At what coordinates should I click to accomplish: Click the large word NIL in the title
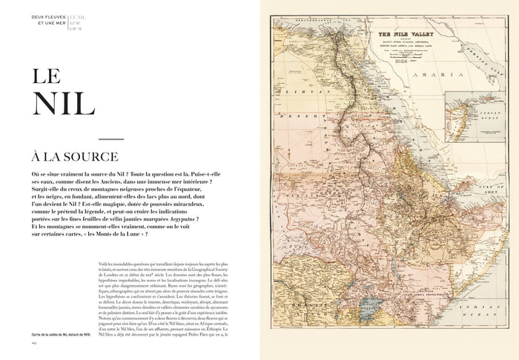(63, 104)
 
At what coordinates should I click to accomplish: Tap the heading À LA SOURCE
(69, 157)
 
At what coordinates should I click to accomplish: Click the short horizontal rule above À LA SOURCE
(110, 139)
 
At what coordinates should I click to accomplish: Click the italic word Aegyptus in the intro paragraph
(187, 220)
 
